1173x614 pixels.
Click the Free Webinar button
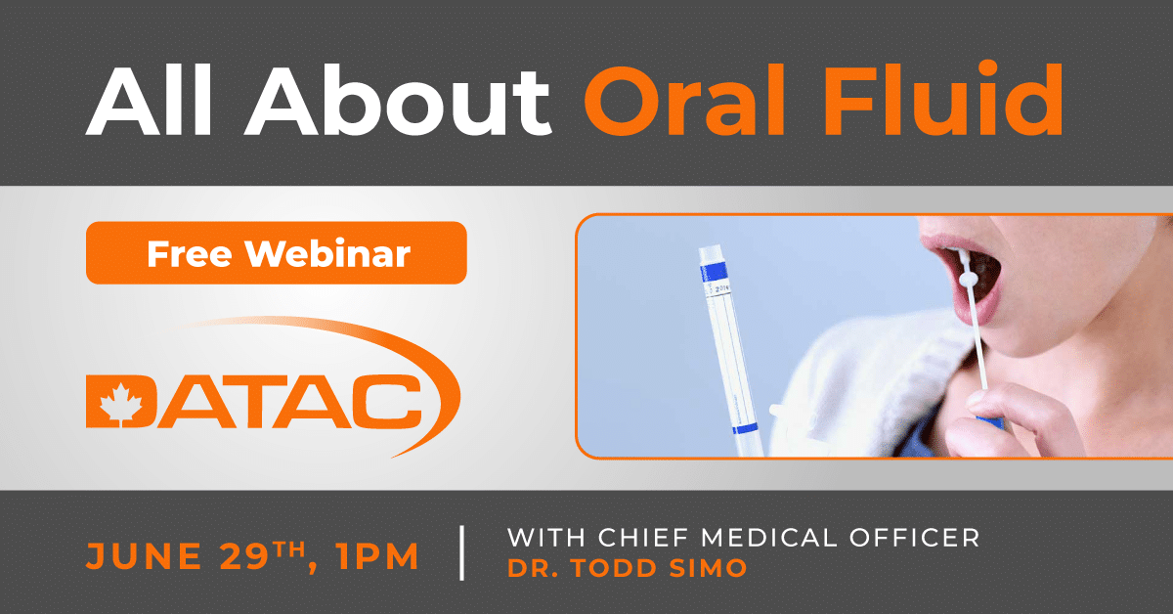pyautogui.click(x=277, y=253)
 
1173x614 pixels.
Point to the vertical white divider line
pyautogui.click(x=461, y=553)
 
